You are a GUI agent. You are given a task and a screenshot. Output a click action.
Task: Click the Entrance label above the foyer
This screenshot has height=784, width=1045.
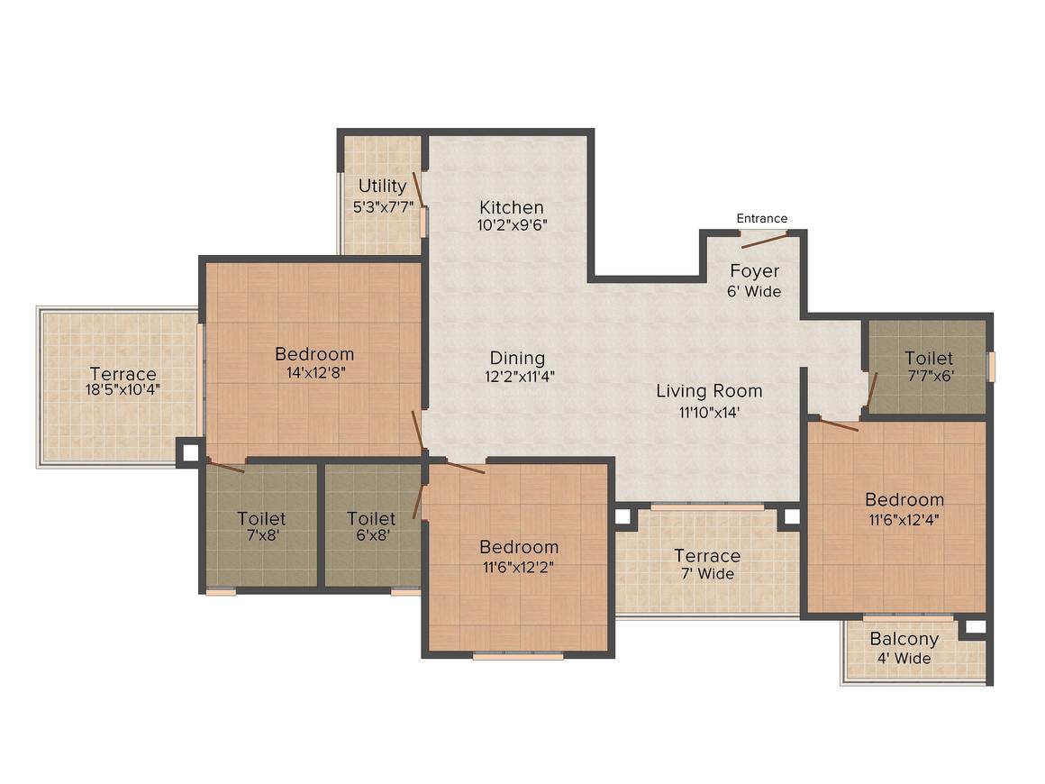(762, 218)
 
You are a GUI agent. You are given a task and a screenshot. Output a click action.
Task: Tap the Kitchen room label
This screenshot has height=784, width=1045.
(512, 207)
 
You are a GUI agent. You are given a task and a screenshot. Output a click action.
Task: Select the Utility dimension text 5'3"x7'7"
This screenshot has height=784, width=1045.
(383, 206)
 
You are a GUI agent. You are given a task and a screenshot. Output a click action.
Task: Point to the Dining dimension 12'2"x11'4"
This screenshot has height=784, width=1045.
(519, 377)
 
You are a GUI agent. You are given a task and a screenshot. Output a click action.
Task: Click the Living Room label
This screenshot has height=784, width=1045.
(709, 391)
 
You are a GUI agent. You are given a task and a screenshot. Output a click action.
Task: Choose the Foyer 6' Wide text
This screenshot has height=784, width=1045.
(754, 280)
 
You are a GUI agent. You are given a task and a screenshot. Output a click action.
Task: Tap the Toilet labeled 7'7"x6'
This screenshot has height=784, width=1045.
(929, 366)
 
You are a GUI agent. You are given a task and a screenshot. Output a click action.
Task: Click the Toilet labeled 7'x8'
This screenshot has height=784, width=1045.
(261, 526)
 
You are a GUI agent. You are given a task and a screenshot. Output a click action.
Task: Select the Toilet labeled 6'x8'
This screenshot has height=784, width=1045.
(371, 526)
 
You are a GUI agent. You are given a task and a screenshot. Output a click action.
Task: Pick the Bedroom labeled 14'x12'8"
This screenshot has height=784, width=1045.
(314, 362)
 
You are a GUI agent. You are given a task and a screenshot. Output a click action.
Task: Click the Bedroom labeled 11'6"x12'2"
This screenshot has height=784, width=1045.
(519, 556)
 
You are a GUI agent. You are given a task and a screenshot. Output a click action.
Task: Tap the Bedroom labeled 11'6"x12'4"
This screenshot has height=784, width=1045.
(904, 508)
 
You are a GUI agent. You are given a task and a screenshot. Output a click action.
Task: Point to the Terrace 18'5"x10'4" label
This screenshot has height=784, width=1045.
(123, 381)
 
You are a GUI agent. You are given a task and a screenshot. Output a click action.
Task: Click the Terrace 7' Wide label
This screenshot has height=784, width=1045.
(707, 564)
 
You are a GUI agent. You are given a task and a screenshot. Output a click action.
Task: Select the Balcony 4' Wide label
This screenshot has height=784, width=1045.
(904, 648)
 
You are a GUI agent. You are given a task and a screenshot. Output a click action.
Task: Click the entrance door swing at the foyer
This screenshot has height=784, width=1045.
(765, 241)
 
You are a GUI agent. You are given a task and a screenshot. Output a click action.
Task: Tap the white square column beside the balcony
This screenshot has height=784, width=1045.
(975, 626)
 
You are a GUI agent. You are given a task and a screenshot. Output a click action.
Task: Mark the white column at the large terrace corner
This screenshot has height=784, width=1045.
(191, 452)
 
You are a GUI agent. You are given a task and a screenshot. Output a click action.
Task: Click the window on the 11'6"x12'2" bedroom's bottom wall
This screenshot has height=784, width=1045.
(518, 655)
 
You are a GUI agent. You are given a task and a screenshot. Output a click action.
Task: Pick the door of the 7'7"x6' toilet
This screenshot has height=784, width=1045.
(872, 388)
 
